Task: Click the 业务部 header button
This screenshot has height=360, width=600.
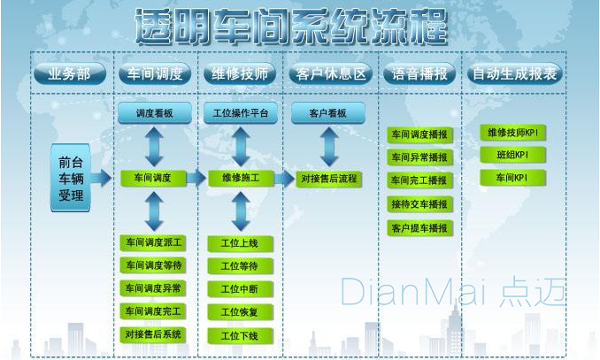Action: point(69,74)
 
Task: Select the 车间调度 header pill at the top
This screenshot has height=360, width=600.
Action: point(155,74)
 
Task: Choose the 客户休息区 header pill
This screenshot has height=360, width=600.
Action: point(328,74)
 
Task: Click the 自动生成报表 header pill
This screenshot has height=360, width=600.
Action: point(514,74)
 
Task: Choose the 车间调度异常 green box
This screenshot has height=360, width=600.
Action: point(153,288)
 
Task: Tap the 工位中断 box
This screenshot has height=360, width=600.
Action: point(239,289)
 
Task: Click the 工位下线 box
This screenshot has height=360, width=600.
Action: point(239,335)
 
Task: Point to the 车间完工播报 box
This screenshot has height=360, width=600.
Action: point(419,180)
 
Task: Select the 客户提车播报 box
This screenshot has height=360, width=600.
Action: point(419,227)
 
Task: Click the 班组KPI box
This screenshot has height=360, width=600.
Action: point(512,155)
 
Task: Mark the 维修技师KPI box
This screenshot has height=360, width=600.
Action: point(512,133)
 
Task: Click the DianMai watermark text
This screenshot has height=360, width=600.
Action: point(451,291)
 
